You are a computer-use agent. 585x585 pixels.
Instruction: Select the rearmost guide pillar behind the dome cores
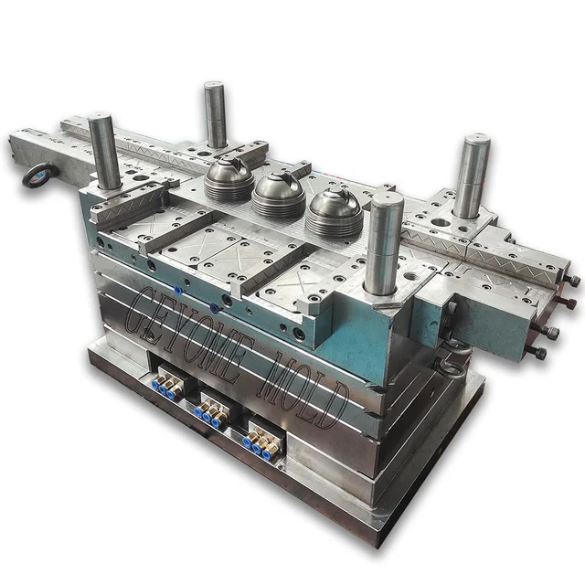tap(215, 113)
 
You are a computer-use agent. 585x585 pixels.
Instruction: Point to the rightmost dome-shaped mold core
tap(335, 211)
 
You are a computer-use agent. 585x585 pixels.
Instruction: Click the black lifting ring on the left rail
tap(40, 176)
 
